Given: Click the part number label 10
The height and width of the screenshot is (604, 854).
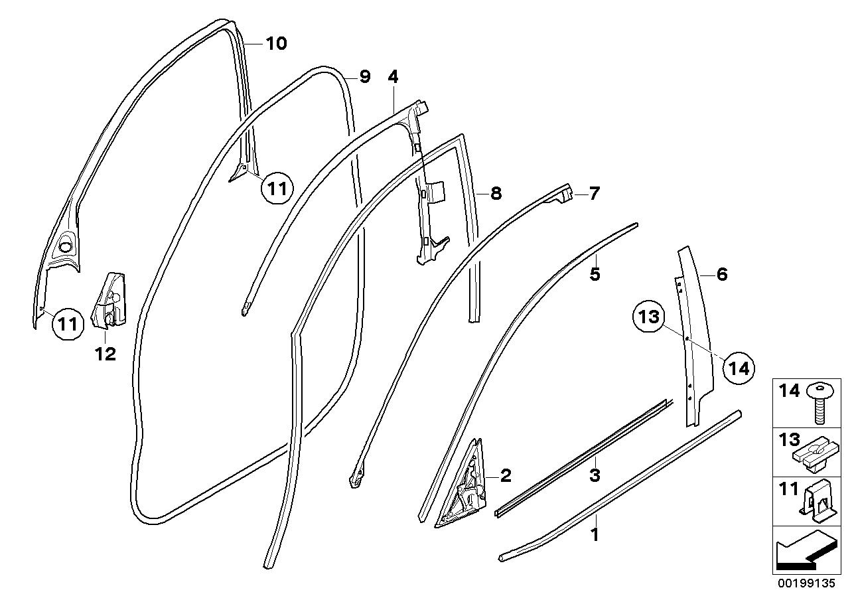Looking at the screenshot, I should click(276, 44).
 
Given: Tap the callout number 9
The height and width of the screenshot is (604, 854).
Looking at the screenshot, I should click(364, 77).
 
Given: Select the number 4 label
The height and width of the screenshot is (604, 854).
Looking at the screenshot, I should click(393, 77).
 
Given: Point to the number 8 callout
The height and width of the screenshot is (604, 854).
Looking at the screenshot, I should click(496, 194).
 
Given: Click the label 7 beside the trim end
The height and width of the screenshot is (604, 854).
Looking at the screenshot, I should click(593, 194).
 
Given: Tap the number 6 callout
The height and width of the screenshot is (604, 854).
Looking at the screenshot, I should click(722, 273).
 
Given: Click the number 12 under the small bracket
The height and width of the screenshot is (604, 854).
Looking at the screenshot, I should click(106, 354).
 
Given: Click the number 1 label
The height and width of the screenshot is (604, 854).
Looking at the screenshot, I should click(595, 534).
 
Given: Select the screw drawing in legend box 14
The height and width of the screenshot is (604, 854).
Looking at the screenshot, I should click(821, 401).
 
